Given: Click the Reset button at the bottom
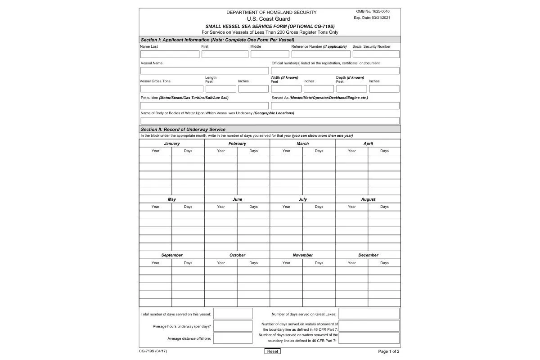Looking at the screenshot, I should (x=272, y=351).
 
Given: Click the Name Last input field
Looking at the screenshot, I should (x=170, y=54).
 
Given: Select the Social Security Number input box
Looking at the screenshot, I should (x=376, y=54).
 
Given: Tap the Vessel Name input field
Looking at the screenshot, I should (x=204, y=71).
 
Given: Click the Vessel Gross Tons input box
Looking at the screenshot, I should (x=171, y=89).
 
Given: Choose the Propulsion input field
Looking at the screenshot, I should (x=204, y=106).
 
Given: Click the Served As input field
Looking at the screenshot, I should (x=335, y=106).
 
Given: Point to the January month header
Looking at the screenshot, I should (x=172, y=144).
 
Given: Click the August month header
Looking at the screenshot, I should (x=368, y=199).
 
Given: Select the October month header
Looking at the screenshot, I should (x=237, y=255).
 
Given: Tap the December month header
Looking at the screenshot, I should (x=368, y=255).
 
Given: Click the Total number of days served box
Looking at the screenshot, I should (x=233, y=314).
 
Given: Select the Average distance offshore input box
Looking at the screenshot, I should (x=233, y=338).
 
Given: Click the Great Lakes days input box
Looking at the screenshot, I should (x=369, y=314).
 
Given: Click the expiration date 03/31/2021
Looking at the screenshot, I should (x=381, y=18).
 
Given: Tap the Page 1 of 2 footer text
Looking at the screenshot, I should (x=388, y=351).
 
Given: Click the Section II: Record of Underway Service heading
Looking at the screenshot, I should (x=183, y=129).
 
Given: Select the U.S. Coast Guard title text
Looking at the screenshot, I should (x=268, y=19).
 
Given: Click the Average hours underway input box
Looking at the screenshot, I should (x=233, y=326).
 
